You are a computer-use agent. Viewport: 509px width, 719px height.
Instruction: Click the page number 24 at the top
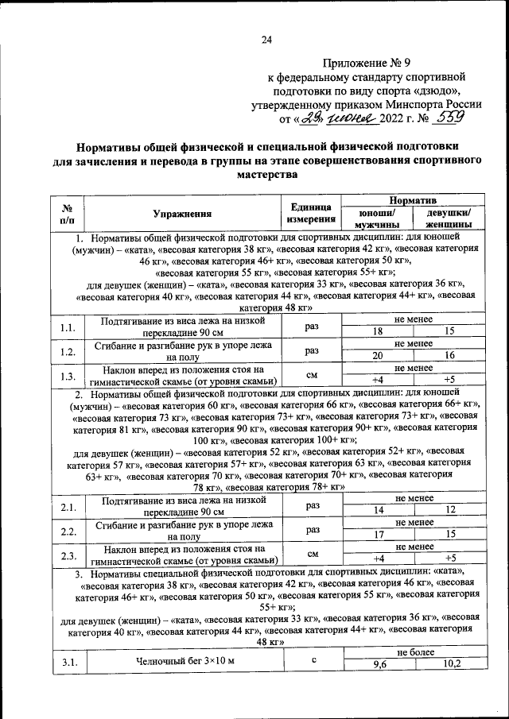[x=266, y=41]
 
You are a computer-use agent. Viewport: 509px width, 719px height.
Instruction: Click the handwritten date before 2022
[x=337, y=119]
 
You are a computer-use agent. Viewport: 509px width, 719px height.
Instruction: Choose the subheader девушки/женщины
[x=449, y=219]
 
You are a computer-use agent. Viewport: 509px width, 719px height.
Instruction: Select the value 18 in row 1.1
[x=378, y=331]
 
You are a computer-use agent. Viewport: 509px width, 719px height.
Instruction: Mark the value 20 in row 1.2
[x=378, y=356]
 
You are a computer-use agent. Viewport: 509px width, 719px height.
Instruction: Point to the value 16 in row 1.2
[x=449, y=356]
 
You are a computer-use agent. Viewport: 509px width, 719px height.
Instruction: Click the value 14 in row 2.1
[x=378, y=509]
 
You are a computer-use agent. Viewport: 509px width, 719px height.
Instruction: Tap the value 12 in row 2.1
[x=450, y=509]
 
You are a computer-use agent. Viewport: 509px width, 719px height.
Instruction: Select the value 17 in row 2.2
[x=378, y=534]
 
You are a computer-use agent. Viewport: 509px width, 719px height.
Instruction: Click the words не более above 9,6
[x=414, y=652]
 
